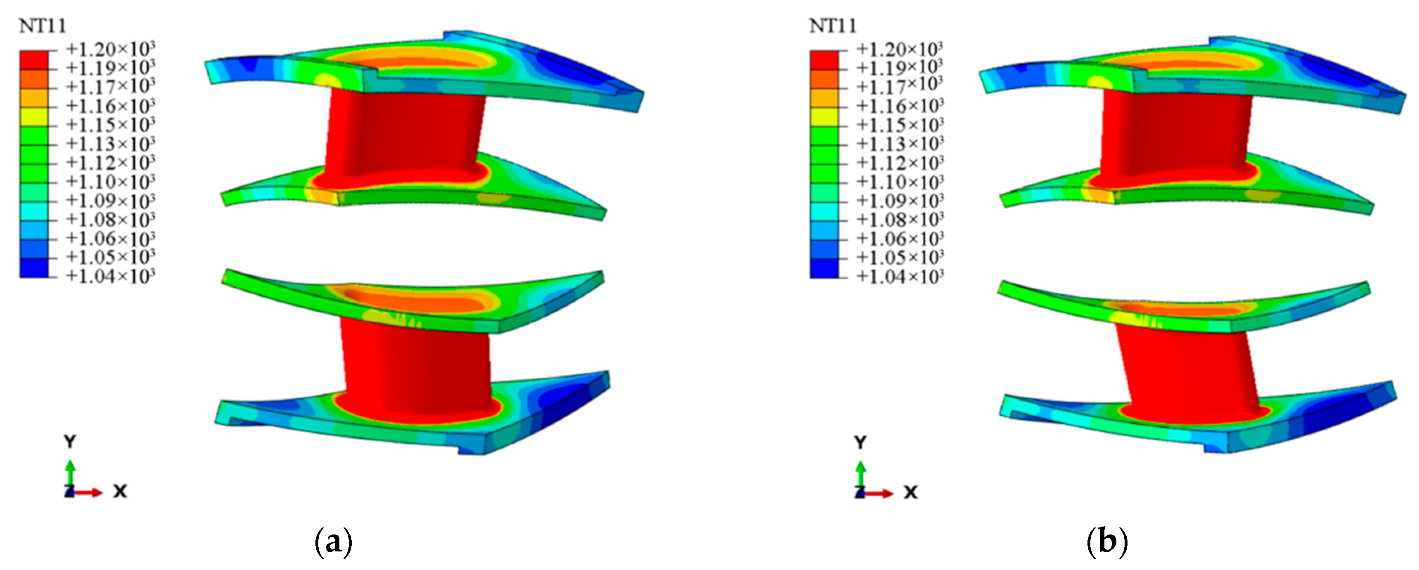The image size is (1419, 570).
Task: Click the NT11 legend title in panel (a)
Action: click(x=43, y=26)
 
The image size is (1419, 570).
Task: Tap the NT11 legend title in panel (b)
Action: click(x=832, y=26)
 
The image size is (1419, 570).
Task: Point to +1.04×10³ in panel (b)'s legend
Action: click(x=900, y=275)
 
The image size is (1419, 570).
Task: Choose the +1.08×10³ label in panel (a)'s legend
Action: click(x=110, y=219)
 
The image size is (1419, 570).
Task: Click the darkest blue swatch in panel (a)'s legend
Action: click(x=34, y=267)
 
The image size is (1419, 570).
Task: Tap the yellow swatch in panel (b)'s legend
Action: click(x=824, y=116)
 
